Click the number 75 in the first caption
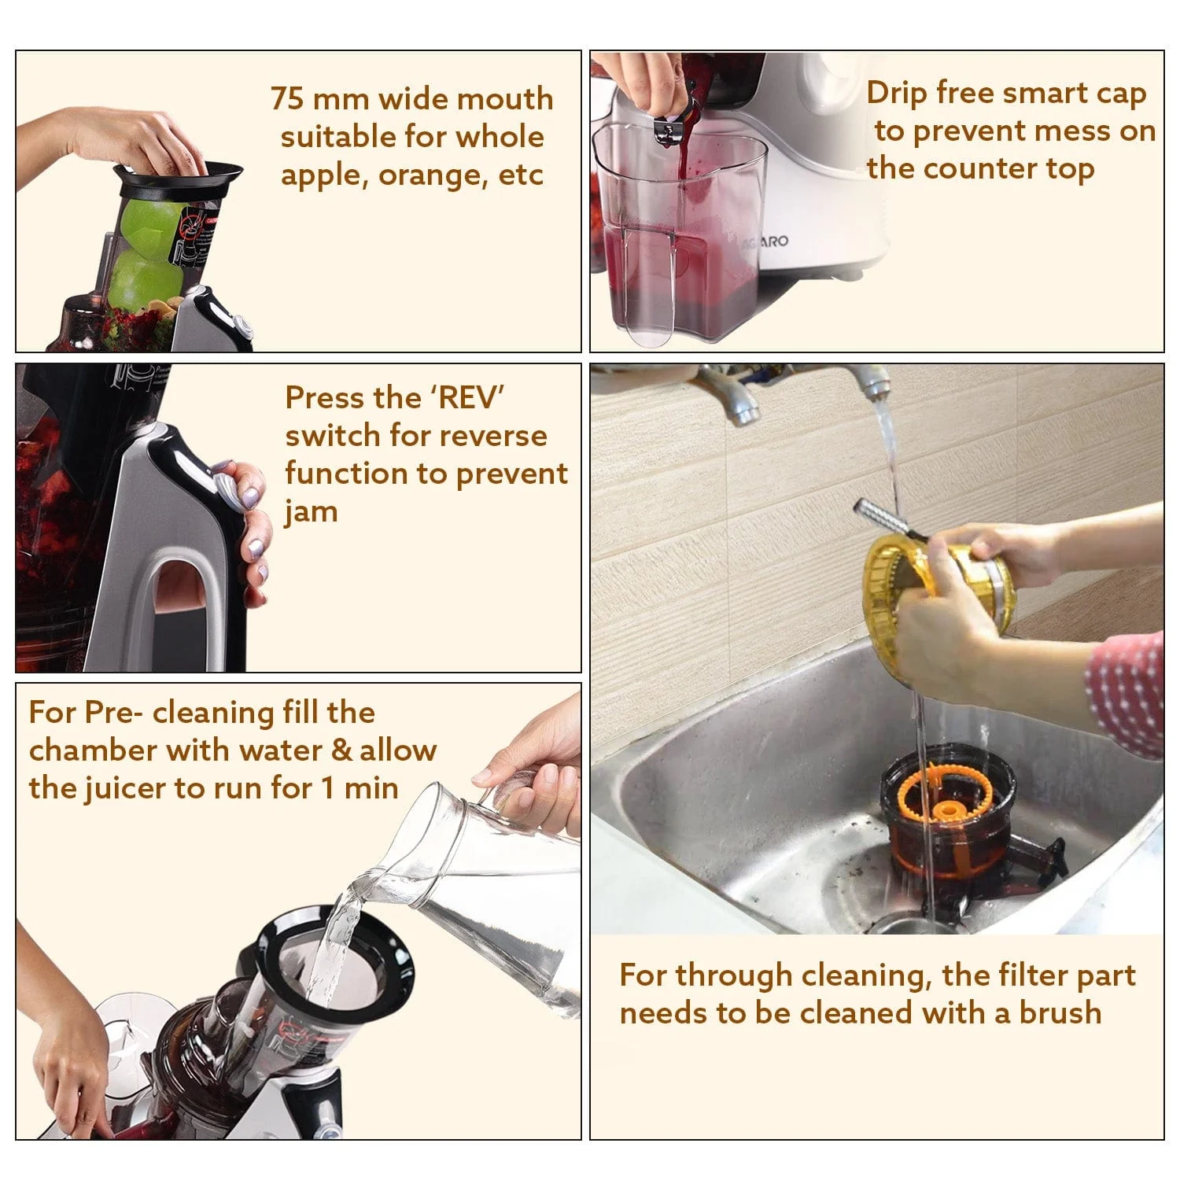287,100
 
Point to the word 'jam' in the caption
312,513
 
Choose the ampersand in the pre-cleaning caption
341,750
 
